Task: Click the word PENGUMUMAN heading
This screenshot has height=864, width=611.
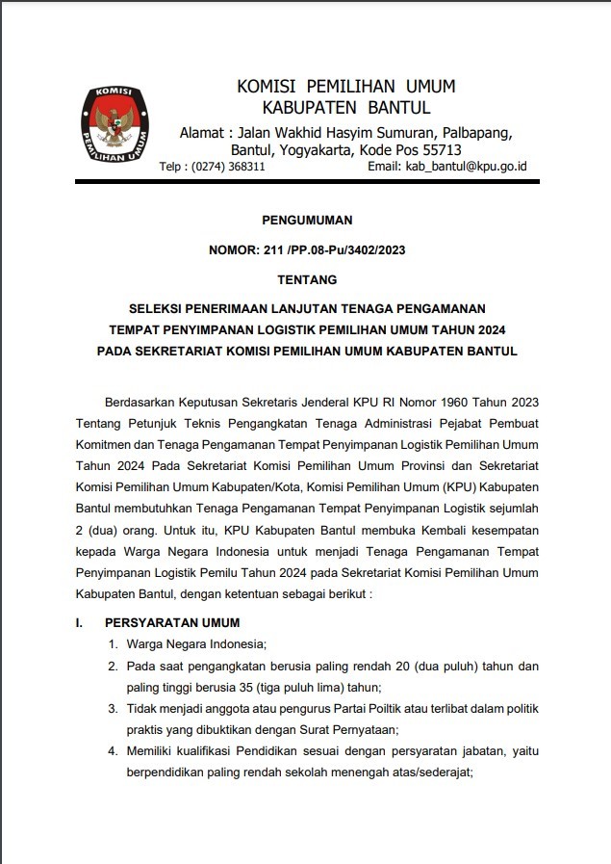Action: coord(307,220)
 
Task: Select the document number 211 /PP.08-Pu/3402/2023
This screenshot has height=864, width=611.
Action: coord(332,250)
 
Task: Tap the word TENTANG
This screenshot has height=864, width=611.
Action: coord(307,280)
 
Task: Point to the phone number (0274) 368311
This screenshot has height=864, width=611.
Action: coord(228,167)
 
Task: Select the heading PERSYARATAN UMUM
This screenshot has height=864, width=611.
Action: coord(172,622)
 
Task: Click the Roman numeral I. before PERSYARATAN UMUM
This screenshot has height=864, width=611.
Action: coord(80,622)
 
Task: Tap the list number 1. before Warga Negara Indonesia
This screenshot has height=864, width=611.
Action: coord(113,644)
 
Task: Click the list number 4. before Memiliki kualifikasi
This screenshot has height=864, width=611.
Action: coord(113,750)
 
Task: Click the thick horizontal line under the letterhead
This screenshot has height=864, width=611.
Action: coord(307,180)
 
